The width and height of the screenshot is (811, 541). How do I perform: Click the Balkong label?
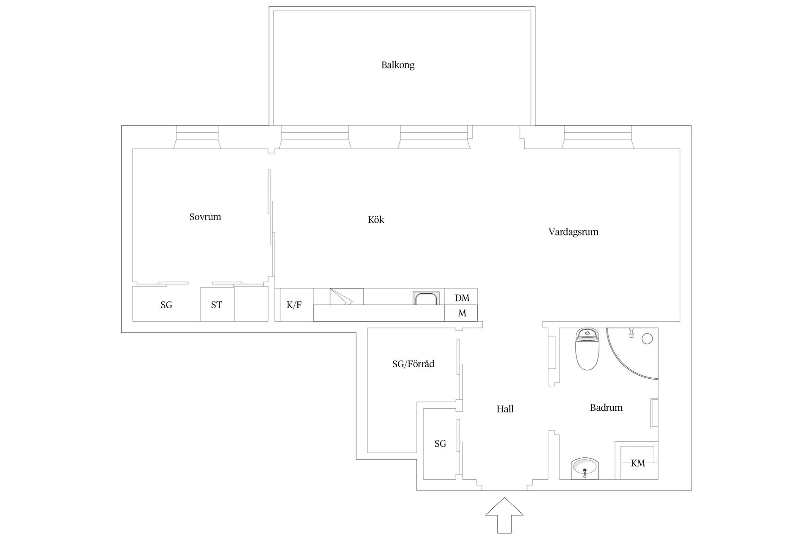(398, 65)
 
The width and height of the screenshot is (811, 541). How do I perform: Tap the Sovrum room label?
(205, 217)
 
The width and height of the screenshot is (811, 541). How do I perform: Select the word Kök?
(376, 219)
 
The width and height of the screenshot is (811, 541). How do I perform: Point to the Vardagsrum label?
(573, 232)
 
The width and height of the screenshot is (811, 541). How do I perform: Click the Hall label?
(505, 409)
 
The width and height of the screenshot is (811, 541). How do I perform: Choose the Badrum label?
(606, 407)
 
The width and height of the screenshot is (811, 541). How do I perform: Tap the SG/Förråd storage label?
(413, 364)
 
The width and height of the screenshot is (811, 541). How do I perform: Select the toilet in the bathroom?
(587, 349)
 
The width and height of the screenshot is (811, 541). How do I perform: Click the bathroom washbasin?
(585, 468)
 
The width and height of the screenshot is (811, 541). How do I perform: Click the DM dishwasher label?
(462, 298)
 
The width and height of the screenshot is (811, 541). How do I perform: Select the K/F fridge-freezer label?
(294, 305)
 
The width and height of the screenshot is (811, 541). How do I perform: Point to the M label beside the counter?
(462, 313)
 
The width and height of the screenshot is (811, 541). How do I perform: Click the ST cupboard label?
(217, 305)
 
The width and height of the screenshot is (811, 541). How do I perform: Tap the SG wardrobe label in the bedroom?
(166, 305)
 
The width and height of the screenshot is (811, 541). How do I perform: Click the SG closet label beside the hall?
(440, 443)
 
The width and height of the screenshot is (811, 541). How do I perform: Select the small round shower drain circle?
(647, 339)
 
